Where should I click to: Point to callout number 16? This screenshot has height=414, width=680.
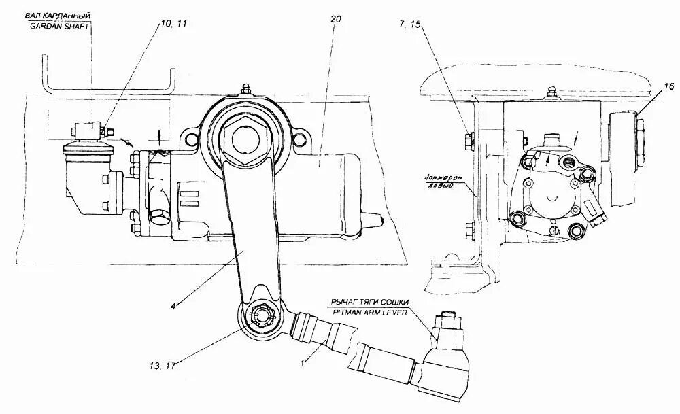669,86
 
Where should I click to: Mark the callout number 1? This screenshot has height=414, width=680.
302,363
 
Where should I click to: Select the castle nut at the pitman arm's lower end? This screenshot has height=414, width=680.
260,315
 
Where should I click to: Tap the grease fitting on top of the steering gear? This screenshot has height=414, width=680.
245,90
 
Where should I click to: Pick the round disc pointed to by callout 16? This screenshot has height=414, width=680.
624,158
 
